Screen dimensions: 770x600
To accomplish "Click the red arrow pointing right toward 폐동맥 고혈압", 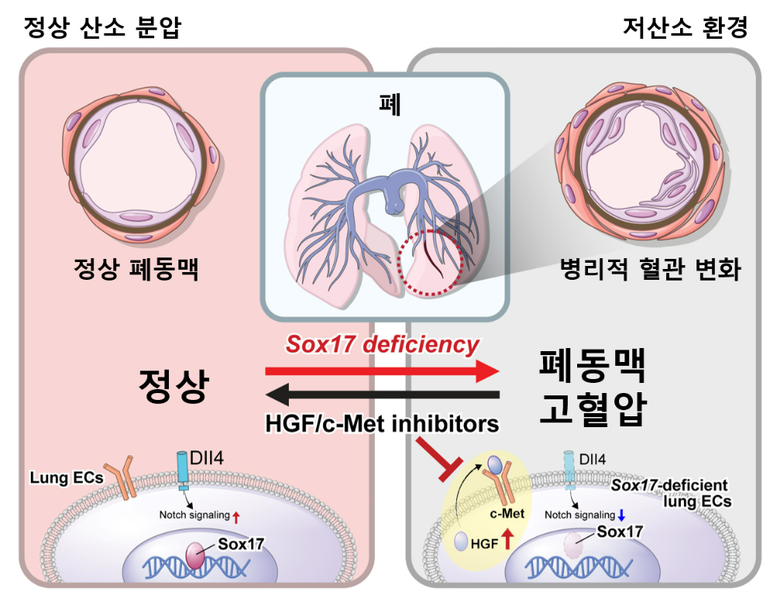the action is point(382,371).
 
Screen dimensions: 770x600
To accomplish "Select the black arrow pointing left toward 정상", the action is point(382,395).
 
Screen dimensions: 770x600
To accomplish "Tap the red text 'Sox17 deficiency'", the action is point(382,344).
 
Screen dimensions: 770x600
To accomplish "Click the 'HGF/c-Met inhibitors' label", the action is point(382,423).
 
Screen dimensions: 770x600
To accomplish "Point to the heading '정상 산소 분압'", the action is point(102,27).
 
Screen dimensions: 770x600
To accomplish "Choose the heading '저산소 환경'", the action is point(685,27).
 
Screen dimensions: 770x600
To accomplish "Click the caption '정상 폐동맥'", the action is point(136,269).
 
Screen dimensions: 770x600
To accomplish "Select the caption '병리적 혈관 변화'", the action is point(651,269).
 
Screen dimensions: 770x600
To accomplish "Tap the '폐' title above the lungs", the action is point(390,104).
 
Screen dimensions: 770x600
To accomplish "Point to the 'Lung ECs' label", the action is point(67,478).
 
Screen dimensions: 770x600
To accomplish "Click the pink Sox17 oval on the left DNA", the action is point(195,555).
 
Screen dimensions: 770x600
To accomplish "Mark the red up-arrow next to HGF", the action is point(507,539).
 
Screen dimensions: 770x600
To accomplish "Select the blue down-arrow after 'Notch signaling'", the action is point(621,516).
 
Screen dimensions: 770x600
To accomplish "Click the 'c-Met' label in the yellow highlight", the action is point(507,513).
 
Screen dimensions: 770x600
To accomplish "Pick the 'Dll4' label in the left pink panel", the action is point(207,458).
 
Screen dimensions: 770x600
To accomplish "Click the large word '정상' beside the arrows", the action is point(174,385).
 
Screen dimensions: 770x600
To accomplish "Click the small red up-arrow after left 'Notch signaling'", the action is point(236,516).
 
